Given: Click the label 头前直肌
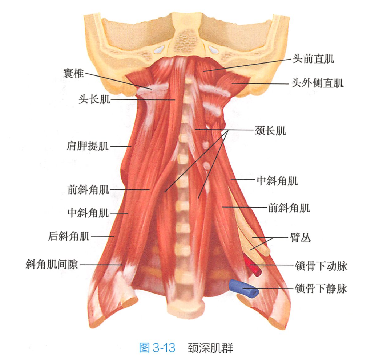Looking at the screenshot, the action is pos(313,58).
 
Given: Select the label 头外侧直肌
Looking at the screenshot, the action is pos(317,83).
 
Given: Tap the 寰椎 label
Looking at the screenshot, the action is pos(74,73).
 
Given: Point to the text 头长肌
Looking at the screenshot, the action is pos(94,99).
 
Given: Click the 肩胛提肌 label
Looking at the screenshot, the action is pos(88,146).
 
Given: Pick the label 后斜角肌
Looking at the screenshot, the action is pos(69,236).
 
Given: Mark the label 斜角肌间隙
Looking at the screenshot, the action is pos(52,265).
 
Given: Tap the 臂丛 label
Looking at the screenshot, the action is pos(301,238).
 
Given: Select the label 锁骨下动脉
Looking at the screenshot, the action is pos(321,266).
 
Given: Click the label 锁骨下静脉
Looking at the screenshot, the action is pos(321,289).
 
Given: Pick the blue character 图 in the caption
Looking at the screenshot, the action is pos(145,348).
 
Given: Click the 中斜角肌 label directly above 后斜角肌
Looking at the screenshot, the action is pos(88,213).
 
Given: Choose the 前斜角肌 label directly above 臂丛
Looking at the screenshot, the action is pos(289,208).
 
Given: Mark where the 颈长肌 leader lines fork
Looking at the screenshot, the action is pos(227,130).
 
